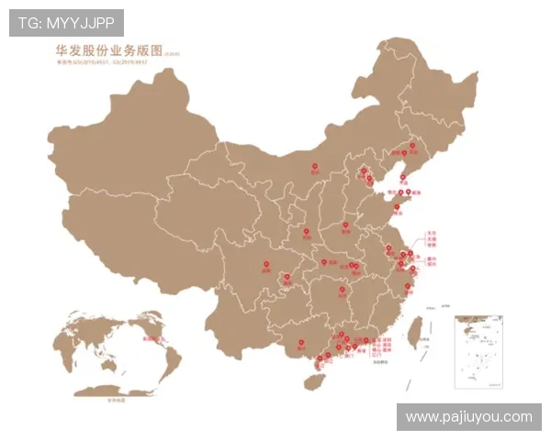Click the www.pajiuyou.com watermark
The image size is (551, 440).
coord(468,417)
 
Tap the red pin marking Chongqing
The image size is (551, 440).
coord(286,276)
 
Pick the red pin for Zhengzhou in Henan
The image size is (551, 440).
coord(345,225)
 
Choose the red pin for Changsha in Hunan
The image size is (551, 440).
coord(342,290)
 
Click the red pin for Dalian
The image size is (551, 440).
coord(402,178)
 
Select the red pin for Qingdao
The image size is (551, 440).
coord(396,208)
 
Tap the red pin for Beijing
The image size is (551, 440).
coord(364,170)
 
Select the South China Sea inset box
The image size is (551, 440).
coord(481,352)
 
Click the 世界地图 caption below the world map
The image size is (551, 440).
coord(116,401)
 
